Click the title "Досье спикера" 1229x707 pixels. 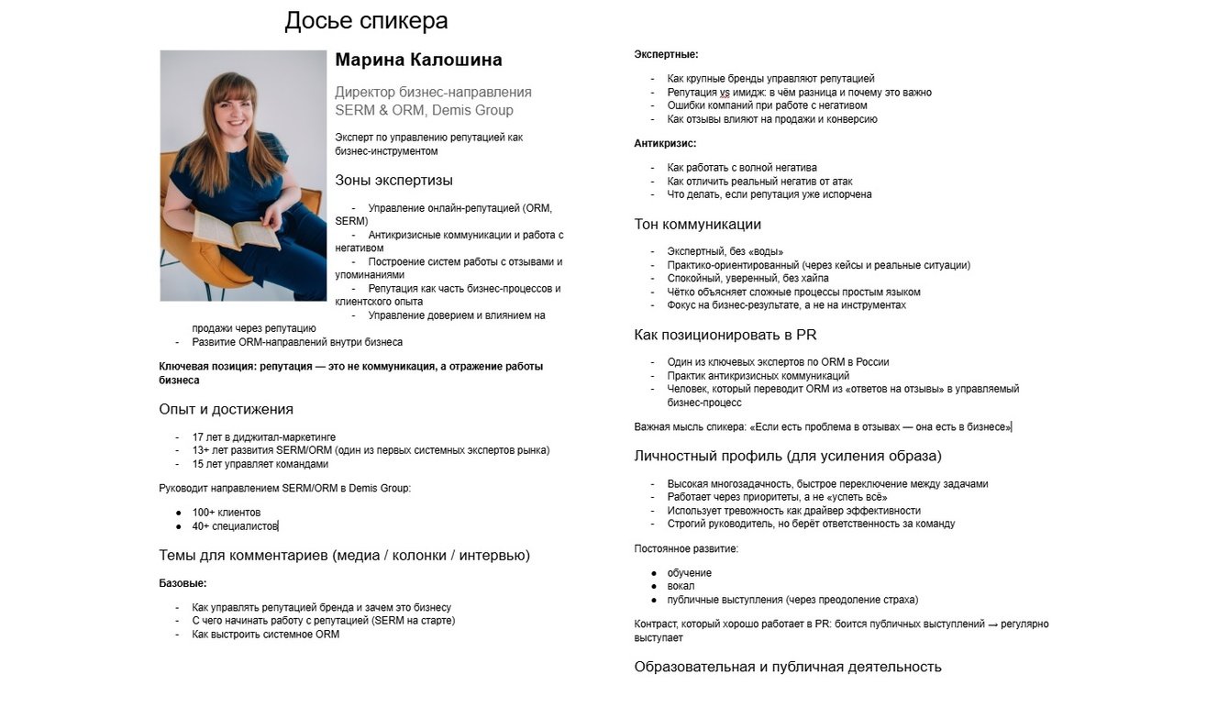point(366,21)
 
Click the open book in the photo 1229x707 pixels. point(236,228)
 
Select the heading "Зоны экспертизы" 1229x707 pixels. point(393,180)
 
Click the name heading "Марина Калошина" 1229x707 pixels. point(418,61)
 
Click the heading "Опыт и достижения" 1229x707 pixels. point(226,409)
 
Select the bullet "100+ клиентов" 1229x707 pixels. point(226,513)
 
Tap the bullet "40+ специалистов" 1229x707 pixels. point(234,526)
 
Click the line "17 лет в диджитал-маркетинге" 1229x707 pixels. point(263,437)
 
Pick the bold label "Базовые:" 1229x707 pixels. point(183,583)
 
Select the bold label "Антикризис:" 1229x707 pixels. point(665,144)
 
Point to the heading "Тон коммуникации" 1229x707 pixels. point(697,225)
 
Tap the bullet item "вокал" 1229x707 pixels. point(681,586)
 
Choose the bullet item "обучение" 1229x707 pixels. point(689,573)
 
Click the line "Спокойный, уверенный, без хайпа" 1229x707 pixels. point(747,279)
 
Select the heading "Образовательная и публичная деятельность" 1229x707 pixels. point(787,667)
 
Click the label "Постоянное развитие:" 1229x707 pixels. point(686,549)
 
